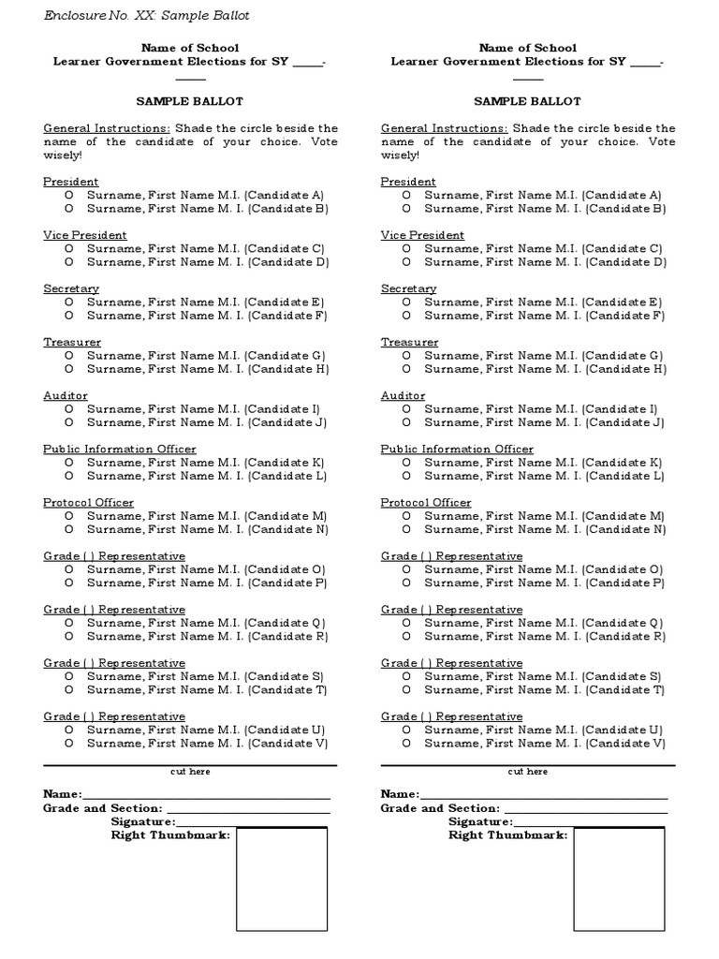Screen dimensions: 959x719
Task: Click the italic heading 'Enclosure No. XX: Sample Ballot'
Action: click(x=146, y=16)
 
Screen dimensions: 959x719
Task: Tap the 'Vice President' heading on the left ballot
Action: click(x=85, y=235)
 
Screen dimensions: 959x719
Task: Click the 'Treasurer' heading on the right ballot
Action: click(x=409, y=343)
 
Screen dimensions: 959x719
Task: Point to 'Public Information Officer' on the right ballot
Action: click(x=457, y=450)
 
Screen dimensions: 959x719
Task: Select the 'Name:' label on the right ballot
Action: click(x=400, y=794)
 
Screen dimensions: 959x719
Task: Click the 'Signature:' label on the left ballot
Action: click(x=142, y=821)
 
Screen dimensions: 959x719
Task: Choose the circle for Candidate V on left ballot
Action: click(x=69, y=744)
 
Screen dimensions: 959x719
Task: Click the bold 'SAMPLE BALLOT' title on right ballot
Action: click(x=527, y=101)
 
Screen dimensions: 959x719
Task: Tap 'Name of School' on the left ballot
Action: click(x=190, y=48)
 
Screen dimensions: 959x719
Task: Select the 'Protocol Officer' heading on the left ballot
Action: click(x=88, y=503)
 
